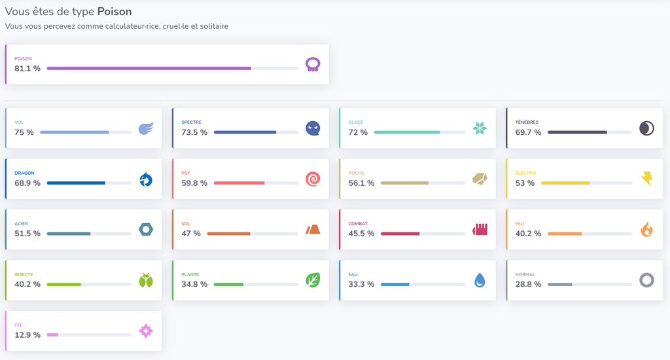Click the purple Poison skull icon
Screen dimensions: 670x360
[313, 65]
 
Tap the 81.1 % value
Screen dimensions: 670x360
[27, 69]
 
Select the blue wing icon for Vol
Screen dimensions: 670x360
[146, 128]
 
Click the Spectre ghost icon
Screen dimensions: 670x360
[313, 128]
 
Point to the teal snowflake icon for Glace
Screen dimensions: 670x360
[480, 128]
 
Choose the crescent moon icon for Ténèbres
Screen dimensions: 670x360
[646, 128]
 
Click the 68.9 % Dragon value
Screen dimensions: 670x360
[27, 183]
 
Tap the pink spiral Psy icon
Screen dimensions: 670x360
[313, 179]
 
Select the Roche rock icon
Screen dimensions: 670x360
[480, 179]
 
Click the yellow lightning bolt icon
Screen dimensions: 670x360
[647, 179]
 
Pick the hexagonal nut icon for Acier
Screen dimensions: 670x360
[146, 230]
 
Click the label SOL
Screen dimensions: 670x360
[186, 224]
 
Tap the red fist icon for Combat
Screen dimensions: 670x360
[480, 230]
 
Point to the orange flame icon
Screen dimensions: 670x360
[646, 230]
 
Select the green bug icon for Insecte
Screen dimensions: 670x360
[146, 281]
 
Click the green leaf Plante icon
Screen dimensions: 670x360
[313, 281]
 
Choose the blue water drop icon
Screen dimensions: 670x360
[480, 281]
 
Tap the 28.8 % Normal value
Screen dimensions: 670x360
[528, 284]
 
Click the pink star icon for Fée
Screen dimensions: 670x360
[146, 331]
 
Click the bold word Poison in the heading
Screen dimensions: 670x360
[115, 12]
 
